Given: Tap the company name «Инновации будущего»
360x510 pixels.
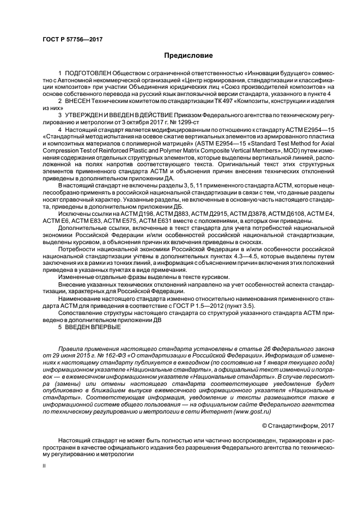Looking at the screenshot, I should [x=264, y=74].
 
